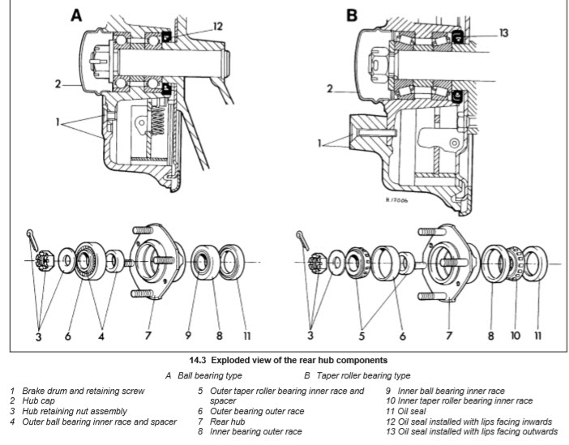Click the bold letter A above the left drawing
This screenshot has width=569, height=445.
(x=76, y=15)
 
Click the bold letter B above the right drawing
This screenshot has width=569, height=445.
(x=352, y=15)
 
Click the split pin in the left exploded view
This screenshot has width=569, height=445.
(x=30, y=237)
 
